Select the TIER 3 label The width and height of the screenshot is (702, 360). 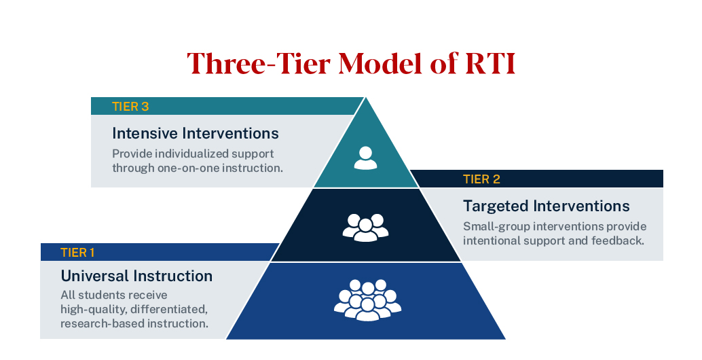click(130, 106)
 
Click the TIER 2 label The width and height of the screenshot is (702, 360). click(481, 179)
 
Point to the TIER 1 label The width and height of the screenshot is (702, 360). click(78, 253)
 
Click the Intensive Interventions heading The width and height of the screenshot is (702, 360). click(196, 132)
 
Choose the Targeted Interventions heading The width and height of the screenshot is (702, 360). click(547, 206)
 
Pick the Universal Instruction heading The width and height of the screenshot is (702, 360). click(136, 276)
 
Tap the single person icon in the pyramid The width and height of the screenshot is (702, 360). click(365, 158)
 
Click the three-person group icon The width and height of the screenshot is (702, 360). click(365, 227)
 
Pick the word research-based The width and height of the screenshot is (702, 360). click(101, 324)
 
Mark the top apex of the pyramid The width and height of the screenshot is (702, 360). click(367, 98)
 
